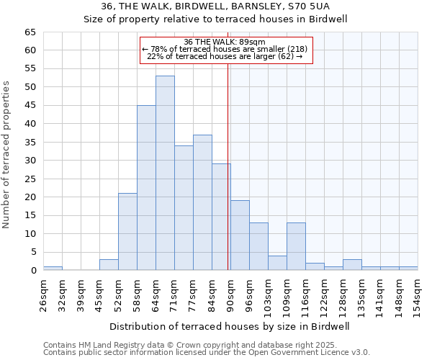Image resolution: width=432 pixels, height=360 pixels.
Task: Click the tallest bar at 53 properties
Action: [x=165, y=173]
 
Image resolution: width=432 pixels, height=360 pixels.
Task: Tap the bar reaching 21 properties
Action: [x=127, y=232]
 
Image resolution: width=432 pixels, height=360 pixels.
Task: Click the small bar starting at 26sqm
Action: [x=53, y=268]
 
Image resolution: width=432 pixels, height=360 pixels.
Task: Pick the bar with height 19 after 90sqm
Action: [x=240, y=235]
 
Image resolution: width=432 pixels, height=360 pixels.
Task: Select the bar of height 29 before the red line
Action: [x=221, y=217]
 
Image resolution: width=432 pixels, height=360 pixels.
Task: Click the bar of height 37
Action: [x=202, y=202]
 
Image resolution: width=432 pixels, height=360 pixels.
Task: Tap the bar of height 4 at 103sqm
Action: [x=277, y=263]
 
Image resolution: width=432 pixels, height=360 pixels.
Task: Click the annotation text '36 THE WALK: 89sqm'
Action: [x=226, y=42]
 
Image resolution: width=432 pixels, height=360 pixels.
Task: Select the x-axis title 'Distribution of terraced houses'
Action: [x=228, y=326]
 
